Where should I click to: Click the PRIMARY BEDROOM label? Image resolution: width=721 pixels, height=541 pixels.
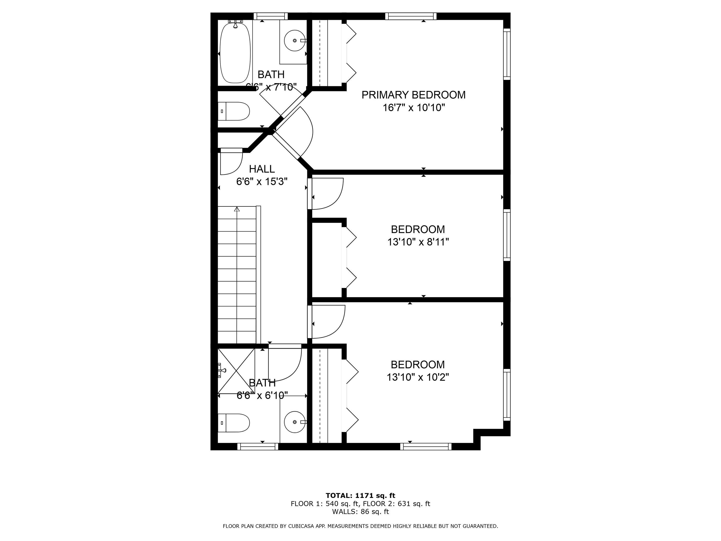click(x=413, y=95)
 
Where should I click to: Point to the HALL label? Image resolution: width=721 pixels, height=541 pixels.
click(x=262, y=169)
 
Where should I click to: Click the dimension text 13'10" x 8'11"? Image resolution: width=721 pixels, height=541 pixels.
click(x=418, y=242)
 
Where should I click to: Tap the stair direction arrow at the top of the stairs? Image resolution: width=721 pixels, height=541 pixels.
click(x=237, y=209)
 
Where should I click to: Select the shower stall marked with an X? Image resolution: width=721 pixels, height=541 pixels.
click(x=236, y=371)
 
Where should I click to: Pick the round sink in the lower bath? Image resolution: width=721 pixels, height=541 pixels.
click(x=295, y=422)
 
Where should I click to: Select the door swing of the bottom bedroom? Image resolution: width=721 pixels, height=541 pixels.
click(x=328, y=321)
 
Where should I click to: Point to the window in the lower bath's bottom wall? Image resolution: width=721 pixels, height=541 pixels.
click(x=258, y=447)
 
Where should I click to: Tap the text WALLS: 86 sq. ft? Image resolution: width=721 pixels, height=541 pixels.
click(x=360, y=512)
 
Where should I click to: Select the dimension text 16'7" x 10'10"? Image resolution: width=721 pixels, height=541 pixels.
click(x=414, y=108)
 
